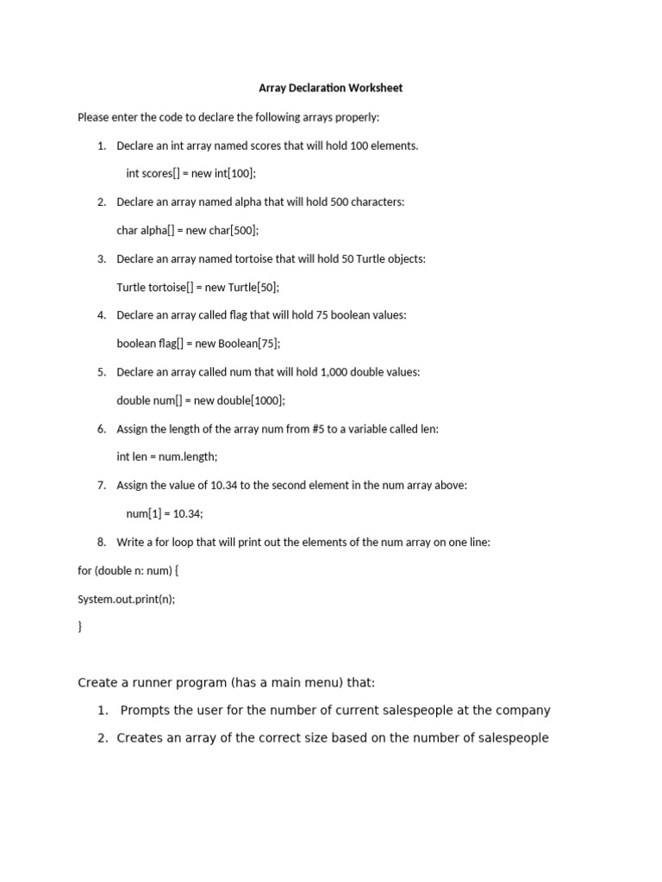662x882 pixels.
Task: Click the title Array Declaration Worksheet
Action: coord(330,88)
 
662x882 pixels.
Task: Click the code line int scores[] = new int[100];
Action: coord(190,173)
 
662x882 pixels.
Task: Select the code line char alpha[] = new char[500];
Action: coord(187,230)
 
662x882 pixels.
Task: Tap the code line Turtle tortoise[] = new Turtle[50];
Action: coord(197,287)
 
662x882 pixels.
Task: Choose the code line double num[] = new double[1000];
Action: coord(200,401)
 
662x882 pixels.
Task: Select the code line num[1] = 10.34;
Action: coord(165,513)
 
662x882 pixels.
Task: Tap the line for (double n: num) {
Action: coord(128,570)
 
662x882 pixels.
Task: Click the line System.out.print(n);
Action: coord(126,599)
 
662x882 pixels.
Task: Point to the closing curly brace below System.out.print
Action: coord(80,627)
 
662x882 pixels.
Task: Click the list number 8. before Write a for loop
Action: coord(102,542)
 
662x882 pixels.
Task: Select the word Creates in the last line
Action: coord(140,738)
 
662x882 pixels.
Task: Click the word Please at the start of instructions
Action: coord(93,116)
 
